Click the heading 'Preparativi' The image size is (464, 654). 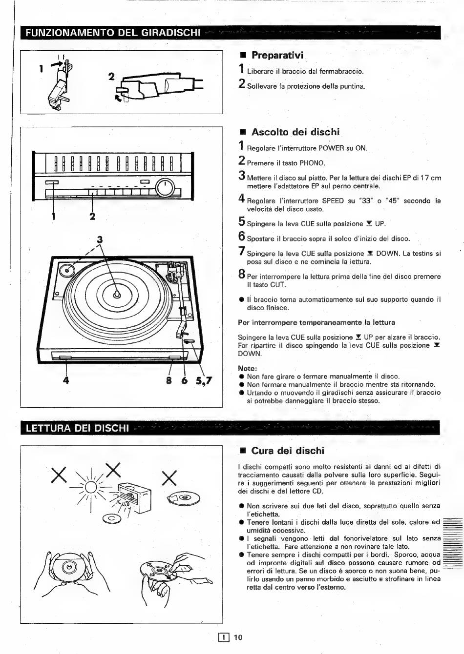(x=277, y=55)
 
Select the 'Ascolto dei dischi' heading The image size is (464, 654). (x=295, y=132)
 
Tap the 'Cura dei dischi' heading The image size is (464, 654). (x=288, y=451)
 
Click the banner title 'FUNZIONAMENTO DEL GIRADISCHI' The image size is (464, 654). (x=113, y=32)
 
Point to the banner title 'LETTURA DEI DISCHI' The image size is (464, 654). (x=77, y=428)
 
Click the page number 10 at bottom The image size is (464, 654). (x=238, y=637)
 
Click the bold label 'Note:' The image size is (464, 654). (x=247, y=368)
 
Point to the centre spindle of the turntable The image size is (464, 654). (x=117, y=294)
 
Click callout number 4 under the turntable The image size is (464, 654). (x=66, y=380)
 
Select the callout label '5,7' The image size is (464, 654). (x=204, y=380)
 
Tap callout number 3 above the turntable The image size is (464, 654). (x=100, y=240)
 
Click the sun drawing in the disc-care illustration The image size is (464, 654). (x=91, y=487)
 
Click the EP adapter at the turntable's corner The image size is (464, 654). (x=67, y=271)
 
